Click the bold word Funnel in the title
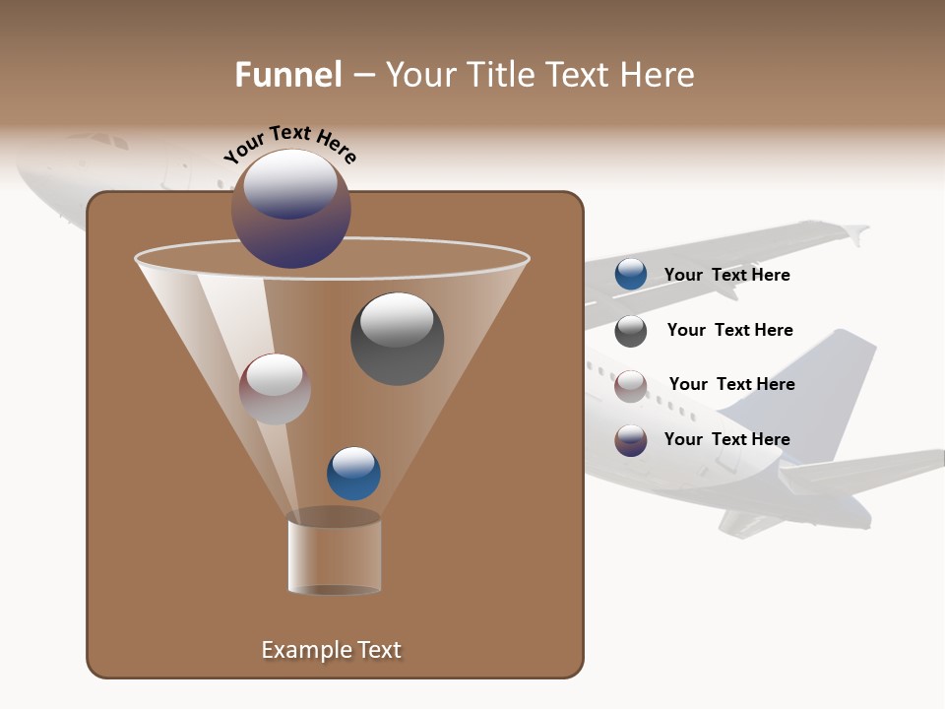tap(287, 75)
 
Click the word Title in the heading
tap(500, 75)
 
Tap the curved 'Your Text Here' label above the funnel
tap(289, 144)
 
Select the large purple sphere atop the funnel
tap(291, 209)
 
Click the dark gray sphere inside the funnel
tap(397, 338)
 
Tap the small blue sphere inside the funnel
tap(353, 474)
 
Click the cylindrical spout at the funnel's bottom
tap(335, 553)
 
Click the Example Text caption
tap(332, 650)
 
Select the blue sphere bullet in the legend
tap(631, 275)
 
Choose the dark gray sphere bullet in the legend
tap(631, 331)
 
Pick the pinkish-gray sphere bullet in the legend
tap(631, 386)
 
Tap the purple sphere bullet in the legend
tap(631, 440)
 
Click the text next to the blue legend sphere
tap(726, 275)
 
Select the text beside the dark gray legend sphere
tap(729, 330)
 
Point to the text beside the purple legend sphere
tap(726, 439)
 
